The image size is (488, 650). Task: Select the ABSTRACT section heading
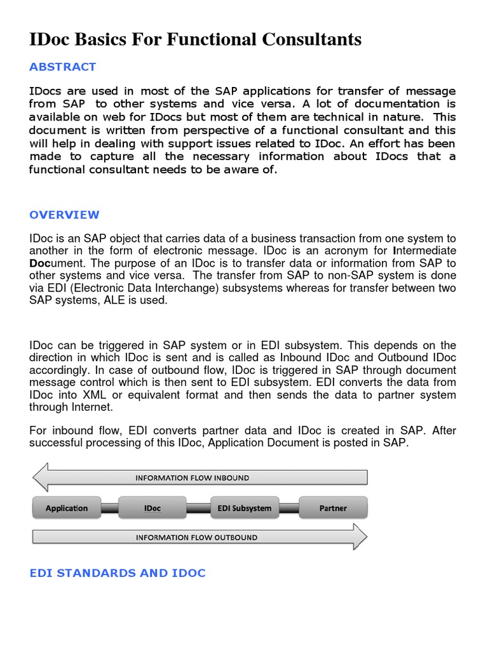point(62,67)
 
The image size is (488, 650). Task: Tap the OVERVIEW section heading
point(64,215)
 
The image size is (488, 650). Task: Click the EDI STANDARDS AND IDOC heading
point(118,573)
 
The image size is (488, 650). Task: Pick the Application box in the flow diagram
point(67,508)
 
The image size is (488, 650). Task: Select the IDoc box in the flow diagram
point(152,508)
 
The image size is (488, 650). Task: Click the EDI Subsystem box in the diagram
point(244,508)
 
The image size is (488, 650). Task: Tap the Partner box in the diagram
point(333,508)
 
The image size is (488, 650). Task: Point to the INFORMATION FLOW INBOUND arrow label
point(192,478)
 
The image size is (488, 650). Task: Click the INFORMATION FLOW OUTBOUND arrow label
point(196,538)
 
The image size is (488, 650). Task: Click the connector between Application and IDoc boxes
point(109,508)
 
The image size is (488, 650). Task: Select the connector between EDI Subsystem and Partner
point(289,508)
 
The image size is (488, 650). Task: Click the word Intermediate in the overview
point(424,251)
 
